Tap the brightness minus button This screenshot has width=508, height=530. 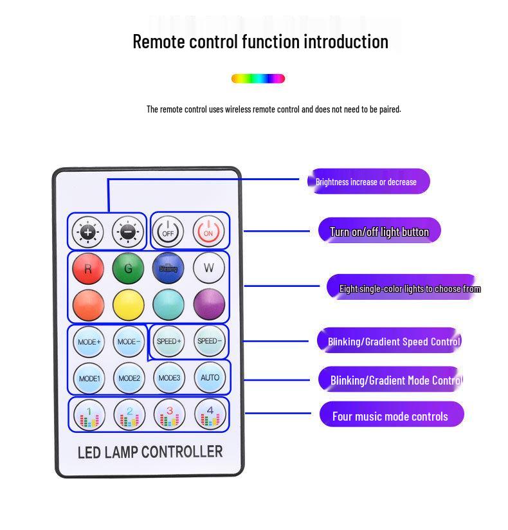[x=129, y=232]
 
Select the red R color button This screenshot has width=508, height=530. [x=88, y=268]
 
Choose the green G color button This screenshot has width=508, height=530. [x=129, y=268]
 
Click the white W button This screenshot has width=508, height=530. [x=209, y=268]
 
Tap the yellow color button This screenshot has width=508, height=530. [x=129, y=304]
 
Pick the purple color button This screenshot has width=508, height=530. [x=209, y=304]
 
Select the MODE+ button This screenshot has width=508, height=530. [x=89, y=342]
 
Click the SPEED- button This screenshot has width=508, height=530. [x=209, y=342]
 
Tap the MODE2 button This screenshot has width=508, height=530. [x=129, y=378]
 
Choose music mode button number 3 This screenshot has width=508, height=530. [x=169, y=415]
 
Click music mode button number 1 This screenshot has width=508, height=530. [x=89, y=415]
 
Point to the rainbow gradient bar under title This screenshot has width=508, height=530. [x=258, y=78]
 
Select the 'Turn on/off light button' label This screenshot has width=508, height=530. [x=379, y=232]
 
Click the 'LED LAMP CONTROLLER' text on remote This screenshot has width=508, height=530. [x=150, y=452]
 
